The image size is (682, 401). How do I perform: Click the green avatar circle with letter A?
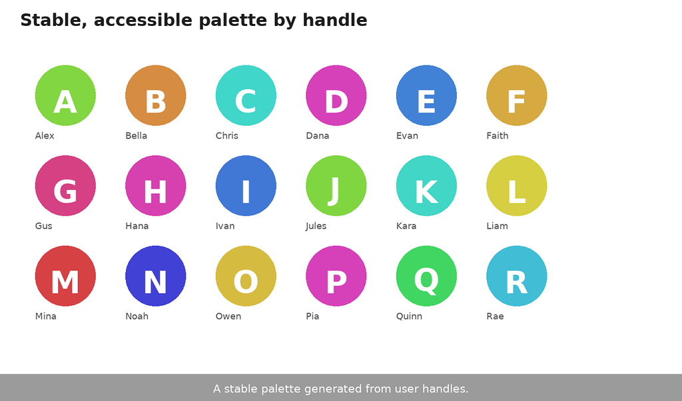coord(65,95)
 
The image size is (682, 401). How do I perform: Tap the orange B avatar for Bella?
coord(156,95)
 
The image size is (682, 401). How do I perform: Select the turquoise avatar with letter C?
coord(246,95)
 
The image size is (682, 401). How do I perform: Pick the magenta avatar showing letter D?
coord(336,95)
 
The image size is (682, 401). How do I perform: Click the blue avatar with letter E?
coord(426,95)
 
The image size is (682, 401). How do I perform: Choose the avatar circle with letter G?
coord(65,186)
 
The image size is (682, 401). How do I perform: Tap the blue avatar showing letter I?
coord(246,186)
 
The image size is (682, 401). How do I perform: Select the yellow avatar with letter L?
coord(517,186)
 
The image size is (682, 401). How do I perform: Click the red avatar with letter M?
coord(65,276)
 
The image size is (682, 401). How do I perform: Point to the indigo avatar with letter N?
coord(156,276)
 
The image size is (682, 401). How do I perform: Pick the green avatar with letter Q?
coord(426,276)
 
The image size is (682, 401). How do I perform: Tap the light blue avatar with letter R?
coord(517,276)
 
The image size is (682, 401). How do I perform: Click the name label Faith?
coord(497,136)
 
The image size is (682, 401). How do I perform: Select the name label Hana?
coord(137,226)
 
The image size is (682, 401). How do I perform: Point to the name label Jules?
coord(316,226)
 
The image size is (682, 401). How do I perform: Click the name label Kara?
coord(406,226)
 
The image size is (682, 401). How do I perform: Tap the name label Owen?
coord(228,316)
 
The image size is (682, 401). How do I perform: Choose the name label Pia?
coord(312,316)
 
